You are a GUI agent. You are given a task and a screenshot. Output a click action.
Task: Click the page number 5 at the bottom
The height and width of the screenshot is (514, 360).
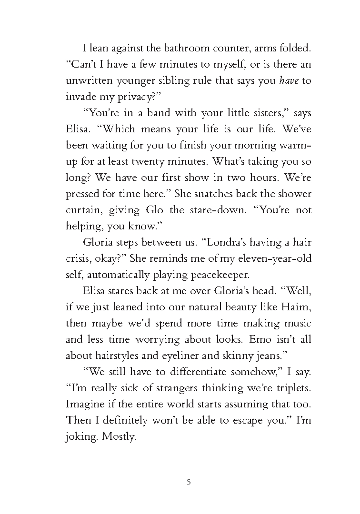(189, 482)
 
